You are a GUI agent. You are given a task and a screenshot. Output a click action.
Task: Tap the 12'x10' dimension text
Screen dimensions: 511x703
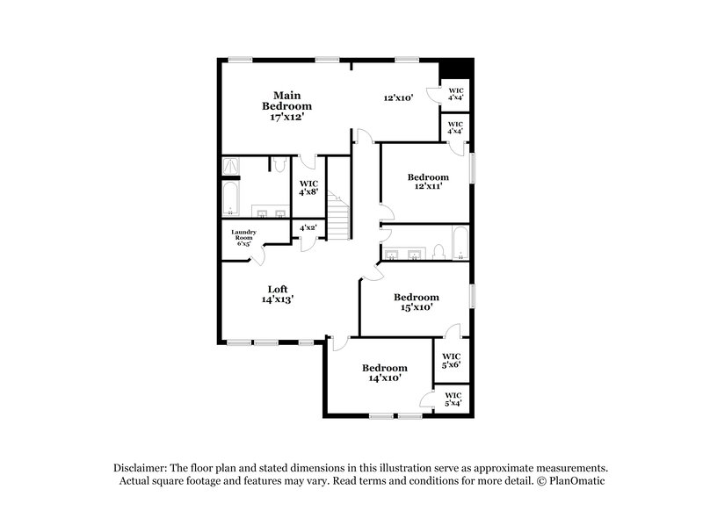(x=398, y=97)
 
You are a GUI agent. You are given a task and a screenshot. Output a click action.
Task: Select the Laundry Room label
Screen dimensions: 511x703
(x=243, y=237)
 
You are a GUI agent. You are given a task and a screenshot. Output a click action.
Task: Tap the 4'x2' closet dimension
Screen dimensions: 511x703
(x=308, y=228)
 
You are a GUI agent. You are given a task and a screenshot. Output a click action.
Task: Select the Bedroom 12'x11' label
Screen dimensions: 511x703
(x=428, y=181)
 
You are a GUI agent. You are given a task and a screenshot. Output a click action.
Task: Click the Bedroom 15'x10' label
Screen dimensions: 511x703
(x=416, y=302)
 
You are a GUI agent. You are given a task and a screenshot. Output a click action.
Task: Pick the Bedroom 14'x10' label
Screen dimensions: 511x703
(x=385, y=372)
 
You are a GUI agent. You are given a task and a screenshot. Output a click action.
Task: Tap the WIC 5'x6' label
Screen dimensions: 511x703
(x=452, y=360)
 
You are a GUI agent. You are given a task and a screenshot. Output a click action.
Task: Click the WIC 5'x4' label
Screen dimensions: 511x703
(x=453, y=399)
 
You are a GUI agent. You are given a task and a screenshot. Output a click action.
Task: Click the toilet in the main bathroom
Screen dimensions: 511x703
(x=277, y=164)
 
